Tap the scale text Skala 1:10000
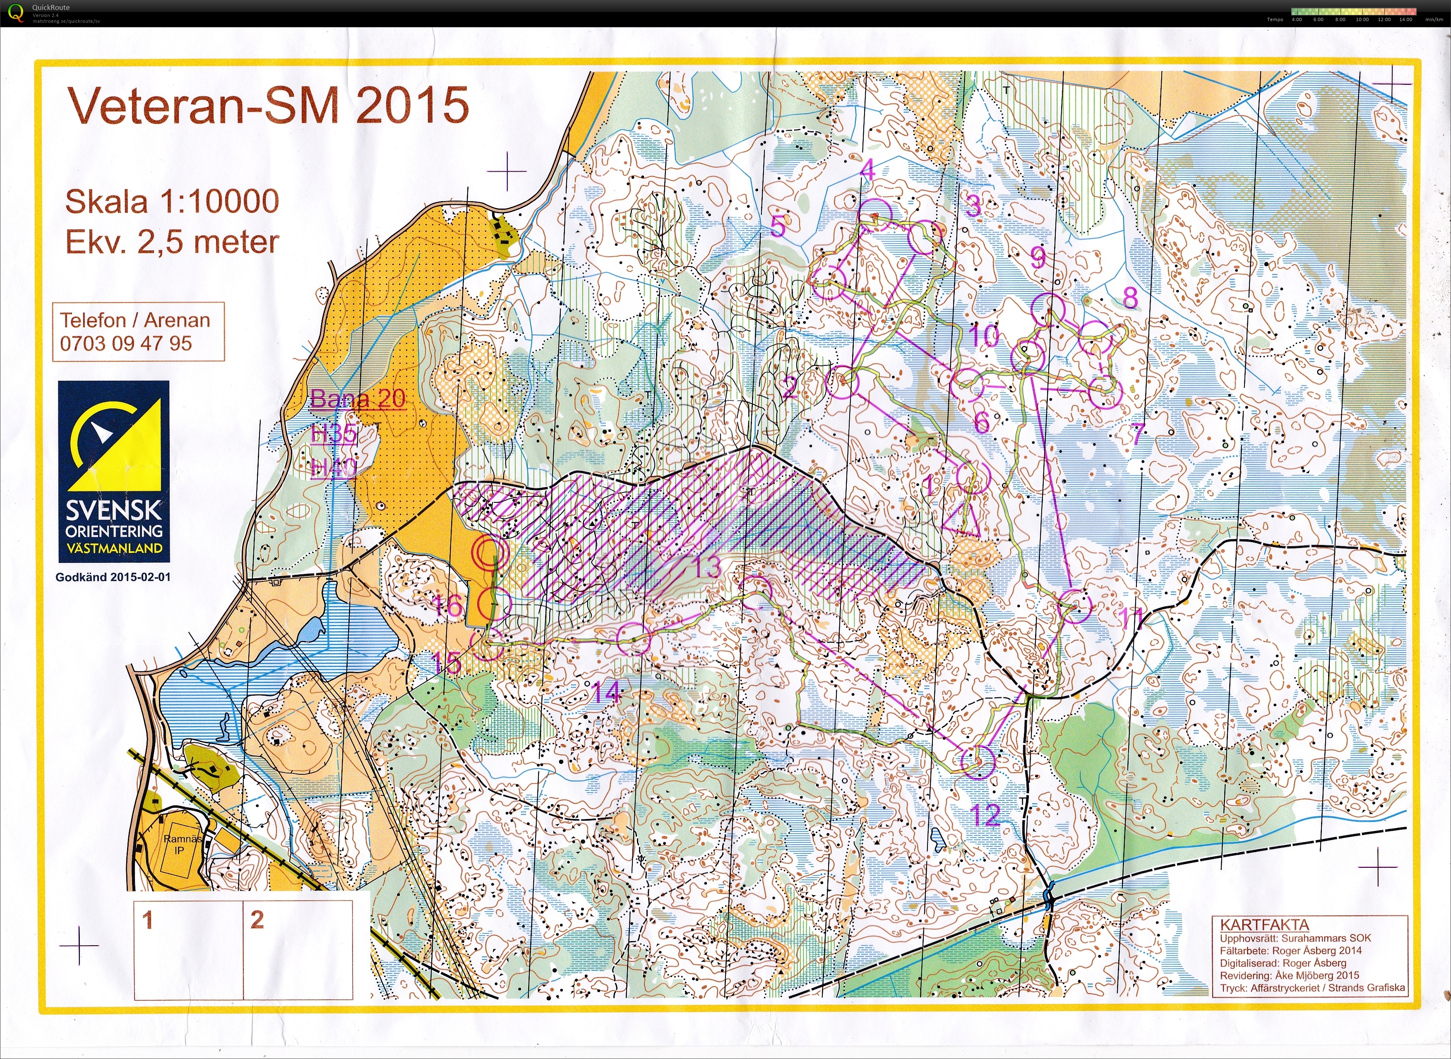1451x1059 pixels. coord(172,202)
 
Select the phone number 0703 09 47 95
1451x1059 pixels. coord(126,343)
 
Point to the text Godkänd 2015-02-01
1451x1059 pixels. coord(113,577)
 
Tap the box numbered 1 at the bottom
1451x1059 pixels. coord(188,949)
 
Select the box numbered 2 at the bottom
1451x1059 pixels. coord(298,949)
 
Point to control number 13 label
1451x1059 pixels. coord(706,567)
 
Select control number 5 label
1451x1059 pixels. coord(777,227)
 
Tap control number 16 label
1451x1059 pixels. coord(447,605)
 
